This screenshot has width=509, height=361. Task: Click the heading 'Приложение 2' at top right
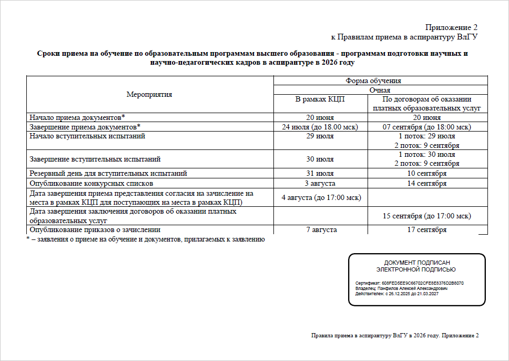point(451,27)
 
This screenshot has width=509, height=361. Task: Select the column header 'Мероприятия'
point(149,94)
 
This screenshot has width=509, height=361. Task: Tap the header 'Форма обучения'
point(373,81)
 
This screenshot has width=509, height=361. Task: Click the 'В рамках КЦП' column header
point(320,99)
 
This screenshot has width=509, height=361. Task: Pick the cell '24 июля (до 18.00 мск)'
point(320,127)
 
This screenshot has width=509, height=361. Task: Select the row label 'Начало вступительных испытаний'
point(87,136)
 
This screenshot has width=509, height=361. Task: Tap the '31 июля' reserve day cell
point(320,173)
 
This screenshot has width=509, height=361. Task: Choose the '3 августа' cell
point(320,183)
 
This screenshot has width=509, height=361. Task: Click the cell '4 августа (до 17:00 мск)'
point(320,197)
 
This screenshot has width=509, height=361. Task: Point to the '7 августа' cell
point(320,230)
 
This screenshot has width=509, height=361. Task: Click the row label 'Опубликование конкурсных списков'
point(91,183)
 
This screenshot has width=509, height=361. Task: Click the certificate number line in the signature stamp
point(410,283)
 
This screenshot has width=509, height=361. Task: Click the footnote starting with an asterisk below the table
point(145,239)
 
